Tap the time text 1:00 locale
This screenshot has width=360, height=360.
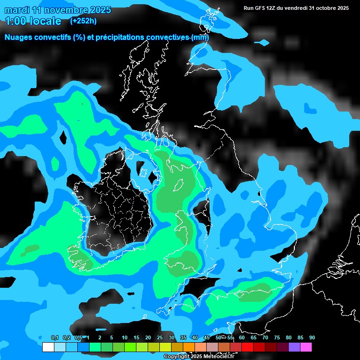(x=33, y=21)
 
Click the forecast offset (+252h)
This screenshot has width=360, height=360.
(x=84, y=21)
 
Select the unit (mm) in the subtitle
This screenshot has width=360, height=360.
(x=200, y=37)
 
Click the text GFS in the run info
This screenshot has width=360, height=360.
(x=263, y=8)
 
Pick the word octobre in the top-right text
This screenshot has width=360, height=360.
(x=333, y=8)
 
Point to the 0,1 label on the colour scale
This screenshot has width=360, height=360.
(x=54, y=338)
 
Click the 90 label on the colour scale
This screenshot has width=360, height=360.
(x=312, y=338)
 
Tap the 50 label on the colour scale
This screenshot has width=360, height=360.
(x=218, y=338)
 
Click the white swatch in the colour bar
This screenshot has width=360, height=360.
(x=48, y=347)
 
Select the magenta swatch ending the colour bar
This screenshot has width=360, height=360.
(x=306, y=347)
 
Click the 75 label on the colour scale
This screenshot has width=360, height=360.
(x=277, y=338)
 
